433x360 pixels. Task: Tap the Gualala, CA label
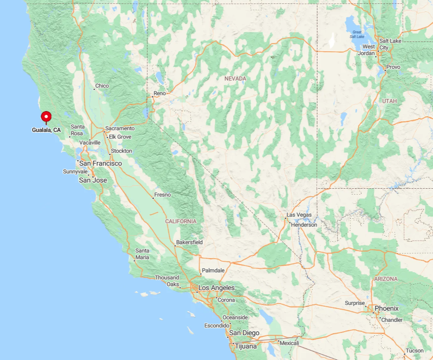point(46,130)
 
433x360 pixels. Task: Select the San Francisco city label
point(101,163)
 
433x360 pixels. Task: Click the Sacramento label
point(120,128)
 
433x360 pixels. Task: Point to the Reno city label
point(160,93)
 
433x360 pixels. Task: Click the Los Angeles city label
point(216,288)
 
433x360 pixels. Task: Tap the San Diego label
point(244,333)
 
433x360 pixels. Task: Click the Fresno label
point(163,195)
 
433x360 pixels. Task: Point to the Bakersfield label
point(189,242)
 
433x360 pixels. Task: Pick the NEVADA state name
point(235,78)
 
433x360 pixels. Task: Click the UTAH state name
point(389,101)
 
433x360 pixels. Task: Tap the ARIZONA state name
point(386,279)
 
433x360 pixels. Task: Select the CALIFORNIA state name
point(181,221)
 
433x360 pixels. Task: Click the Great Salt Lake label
point(357,34)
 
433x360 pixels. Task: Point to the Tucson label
point(414,350)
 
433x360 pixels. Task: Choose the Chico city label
point(102,86)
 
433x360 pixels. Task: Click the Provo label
point(393,67)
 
